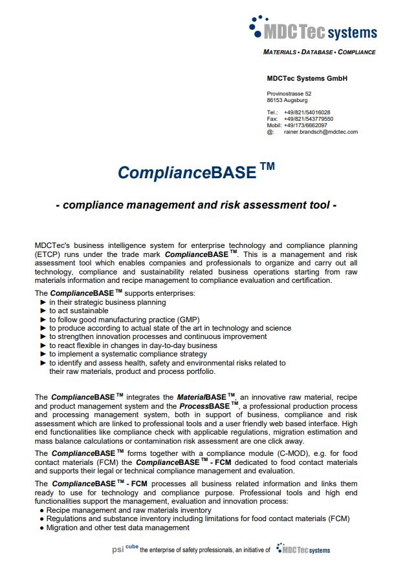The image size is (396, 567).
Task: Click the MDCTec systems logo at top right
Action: [x=313, y=28]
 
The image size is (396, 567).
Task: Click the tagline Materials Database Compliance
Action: [x=319, y=52]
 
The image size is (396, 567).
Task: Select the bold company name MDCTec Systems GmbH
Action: [x=307, y=79]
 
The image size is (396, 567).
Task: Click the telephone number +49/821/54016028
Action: [x=307, y=112]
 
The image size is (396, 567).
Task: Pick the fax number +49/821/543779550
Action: [x=308, y=119]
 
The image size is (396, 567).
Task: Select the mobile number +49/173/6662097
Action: [x=305, y=125]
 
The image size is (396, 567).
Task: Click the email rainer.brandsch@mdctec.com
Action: [x=320, y=132]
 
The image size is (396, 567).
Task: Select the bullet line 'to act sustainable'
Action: [x=78, y=311]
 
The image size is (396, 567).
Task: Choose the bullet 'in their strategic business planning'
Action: [x=107, y=302]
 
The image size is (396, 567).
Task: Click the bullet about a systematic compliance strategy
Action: [x=127, y=354]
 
